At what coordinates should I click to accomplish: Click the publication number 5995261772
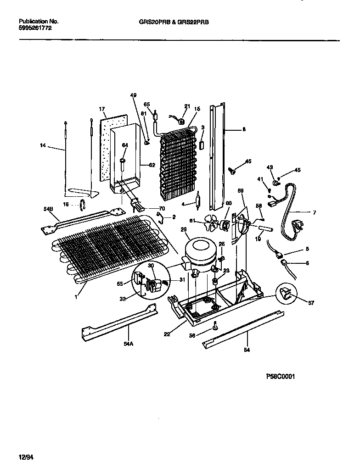(x=36, y=28)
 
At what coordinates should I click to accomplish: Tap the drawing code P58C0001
(x=280, y=376)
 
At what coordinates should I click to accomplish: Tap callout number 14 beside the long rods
(x=43, y=145)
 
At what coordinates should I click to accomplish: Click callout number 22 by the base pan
(x=167, y=334)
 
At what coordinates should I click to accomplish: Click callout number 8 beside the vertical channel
(x=244, y=130)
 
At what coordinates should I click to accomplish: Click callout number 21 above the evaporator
(x=186, y=106)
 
